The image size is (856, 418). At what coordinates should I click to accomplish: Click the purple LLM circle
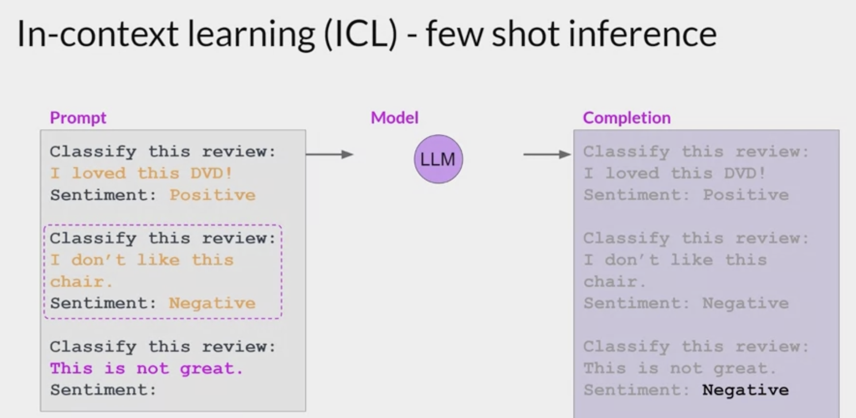click(438, 159)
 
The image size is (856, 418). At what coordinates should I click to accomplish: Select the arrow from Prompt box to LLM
click(329, 154)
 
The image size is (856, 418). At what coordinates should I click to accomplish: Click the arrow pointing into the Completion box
click(547, 154)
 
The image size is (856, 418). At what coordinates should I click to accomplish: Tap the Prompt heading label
click(78, 118)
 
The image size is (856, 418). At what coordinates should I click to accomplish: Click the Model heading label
click(394, 118)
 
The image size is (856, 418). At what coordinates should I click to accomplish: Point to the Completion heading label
click(626, 118)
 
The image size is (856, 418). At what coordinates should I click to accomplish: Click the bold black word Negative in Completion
click(745, 390)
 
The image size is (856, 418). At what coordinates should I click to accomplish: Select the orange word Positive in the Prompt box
click(212, 195)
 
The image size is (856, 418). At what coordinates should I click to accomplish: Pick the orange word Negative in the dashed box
click(212, 304)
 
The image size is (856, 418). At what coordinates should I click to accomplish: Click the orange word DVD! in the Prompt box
click(212, 173)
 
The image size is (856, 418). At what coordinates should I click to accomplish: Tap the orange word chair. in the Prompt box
click(81, 282)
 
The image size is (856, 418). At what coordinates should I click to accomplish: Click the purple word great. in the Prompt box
click(212, 369)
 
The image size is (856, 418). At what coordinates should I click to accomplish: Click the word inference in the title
click(642, 34)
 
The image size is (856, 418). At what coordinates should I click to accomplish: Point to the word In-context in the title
click(97, 34)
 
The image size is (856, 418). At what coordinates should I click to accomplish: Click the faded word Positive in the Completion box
click(746, 195)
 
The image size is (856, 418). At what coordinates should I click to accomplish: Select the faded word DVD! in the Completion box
click(745, 173)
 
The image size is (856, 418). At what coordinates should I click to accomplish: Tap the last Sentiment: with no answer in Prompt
click(103, 390)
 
